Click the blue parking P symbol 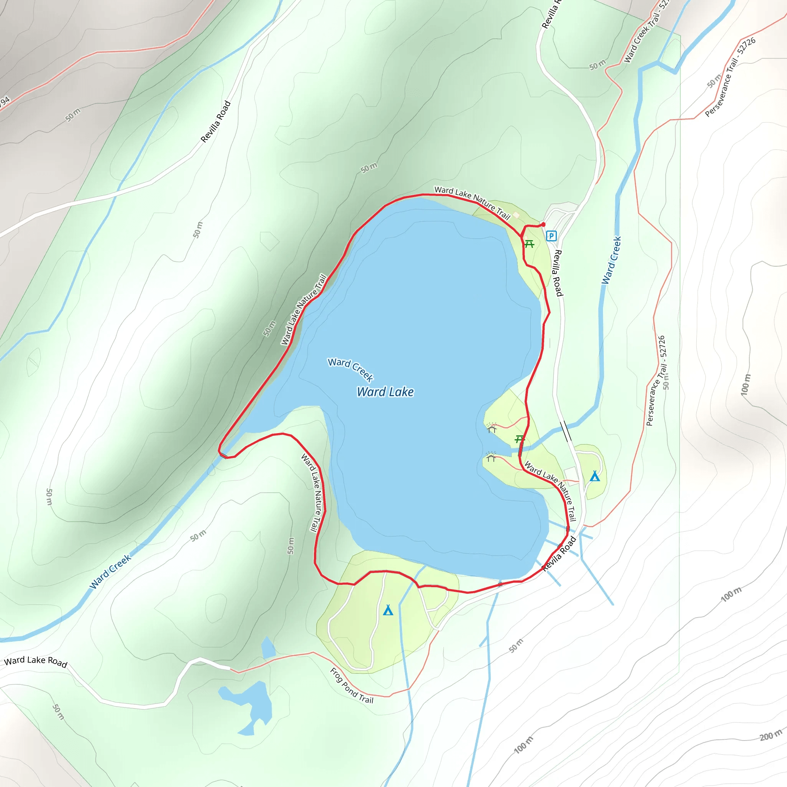point(551,236)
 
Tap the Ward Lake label point(385,392)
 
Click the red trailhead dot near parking point(543,224)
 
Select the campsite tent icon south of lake point(388,610)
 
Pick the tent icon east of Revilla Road point(595,476)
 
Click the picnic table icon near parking point(529,244)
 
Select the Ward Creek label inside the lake point(350,369)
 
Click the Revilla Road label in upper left point(216,122)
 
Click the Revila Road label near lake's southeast point(559,554)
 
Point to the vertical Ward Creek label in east point(611,261)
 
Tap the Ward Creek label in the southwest point(110,571)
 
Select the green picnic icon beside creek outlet point(520,439)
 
